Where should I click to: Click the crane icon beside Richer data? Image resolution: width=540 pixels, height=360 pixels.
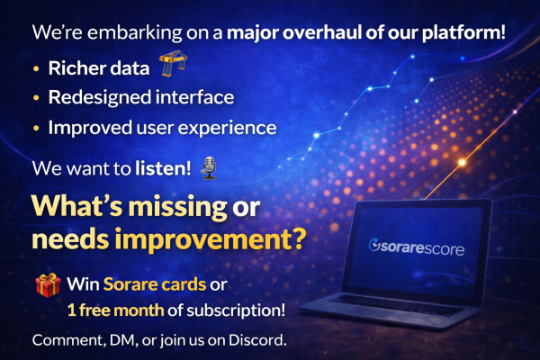(173, 65)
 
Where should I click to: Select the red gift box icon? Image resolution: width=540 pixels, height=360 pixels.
(47, 286)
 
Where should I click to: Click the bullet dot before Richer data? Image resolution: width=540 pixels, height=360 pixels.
(35, 67)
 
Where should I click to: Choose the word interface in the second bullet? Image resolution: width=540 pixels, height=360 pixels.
(202, 96)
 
